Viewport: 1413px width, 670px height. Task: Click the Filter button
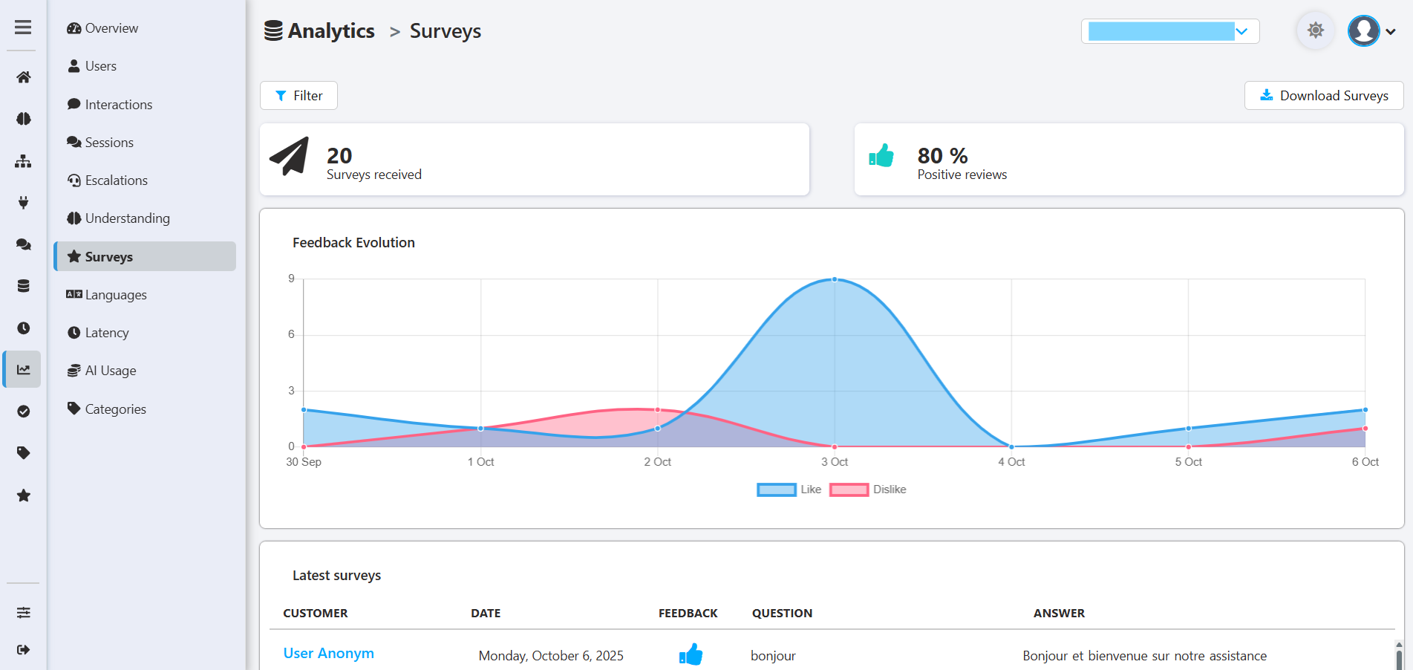tap(298, 96)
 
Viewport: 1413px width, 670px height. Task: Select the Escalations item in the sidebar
tap(116, 180)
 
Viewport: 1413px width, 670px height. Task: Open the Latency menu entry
tap(106, 333)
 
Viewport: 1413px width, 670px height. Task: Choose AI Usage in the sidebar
tap(110, 371)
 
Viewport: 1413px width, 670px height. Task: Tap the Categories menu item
tap(115, 409)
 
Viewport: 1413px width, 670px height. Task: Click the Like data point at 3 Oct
tap(835, 280)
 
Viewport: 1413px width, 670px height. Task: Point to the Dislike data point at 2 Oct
tap(658, 410)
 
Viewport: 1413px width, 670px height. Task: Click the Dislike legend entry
tap(868, 490)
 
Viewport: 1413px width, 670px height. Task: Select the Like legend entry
tap(789, 490)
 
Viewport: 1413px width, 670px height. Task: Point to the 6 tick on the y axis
tap(291, 334)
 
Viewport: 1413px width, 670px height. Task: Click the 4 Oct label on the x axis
tap(1011, 462)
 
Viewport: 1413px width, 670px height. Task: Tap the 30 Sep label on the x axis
tap(304, 462)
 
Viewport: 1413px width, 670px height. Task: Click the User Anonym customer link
tap(329, 654)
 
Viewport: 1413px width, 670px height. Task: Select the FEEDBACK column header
tap(688, 614)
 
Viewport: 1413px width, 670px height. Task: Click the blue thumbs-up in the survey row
tap(691, 654)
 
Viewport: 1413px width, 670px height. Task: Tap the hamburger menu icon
tap(23, 27)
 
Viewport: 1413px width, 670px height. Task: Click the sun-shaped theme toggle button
tap(1315, 31)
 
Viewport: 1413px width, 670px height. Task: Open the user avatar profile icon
tap(1364, 31)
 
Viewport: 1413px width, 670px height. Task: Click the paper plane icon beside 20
tap(289, 156)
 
